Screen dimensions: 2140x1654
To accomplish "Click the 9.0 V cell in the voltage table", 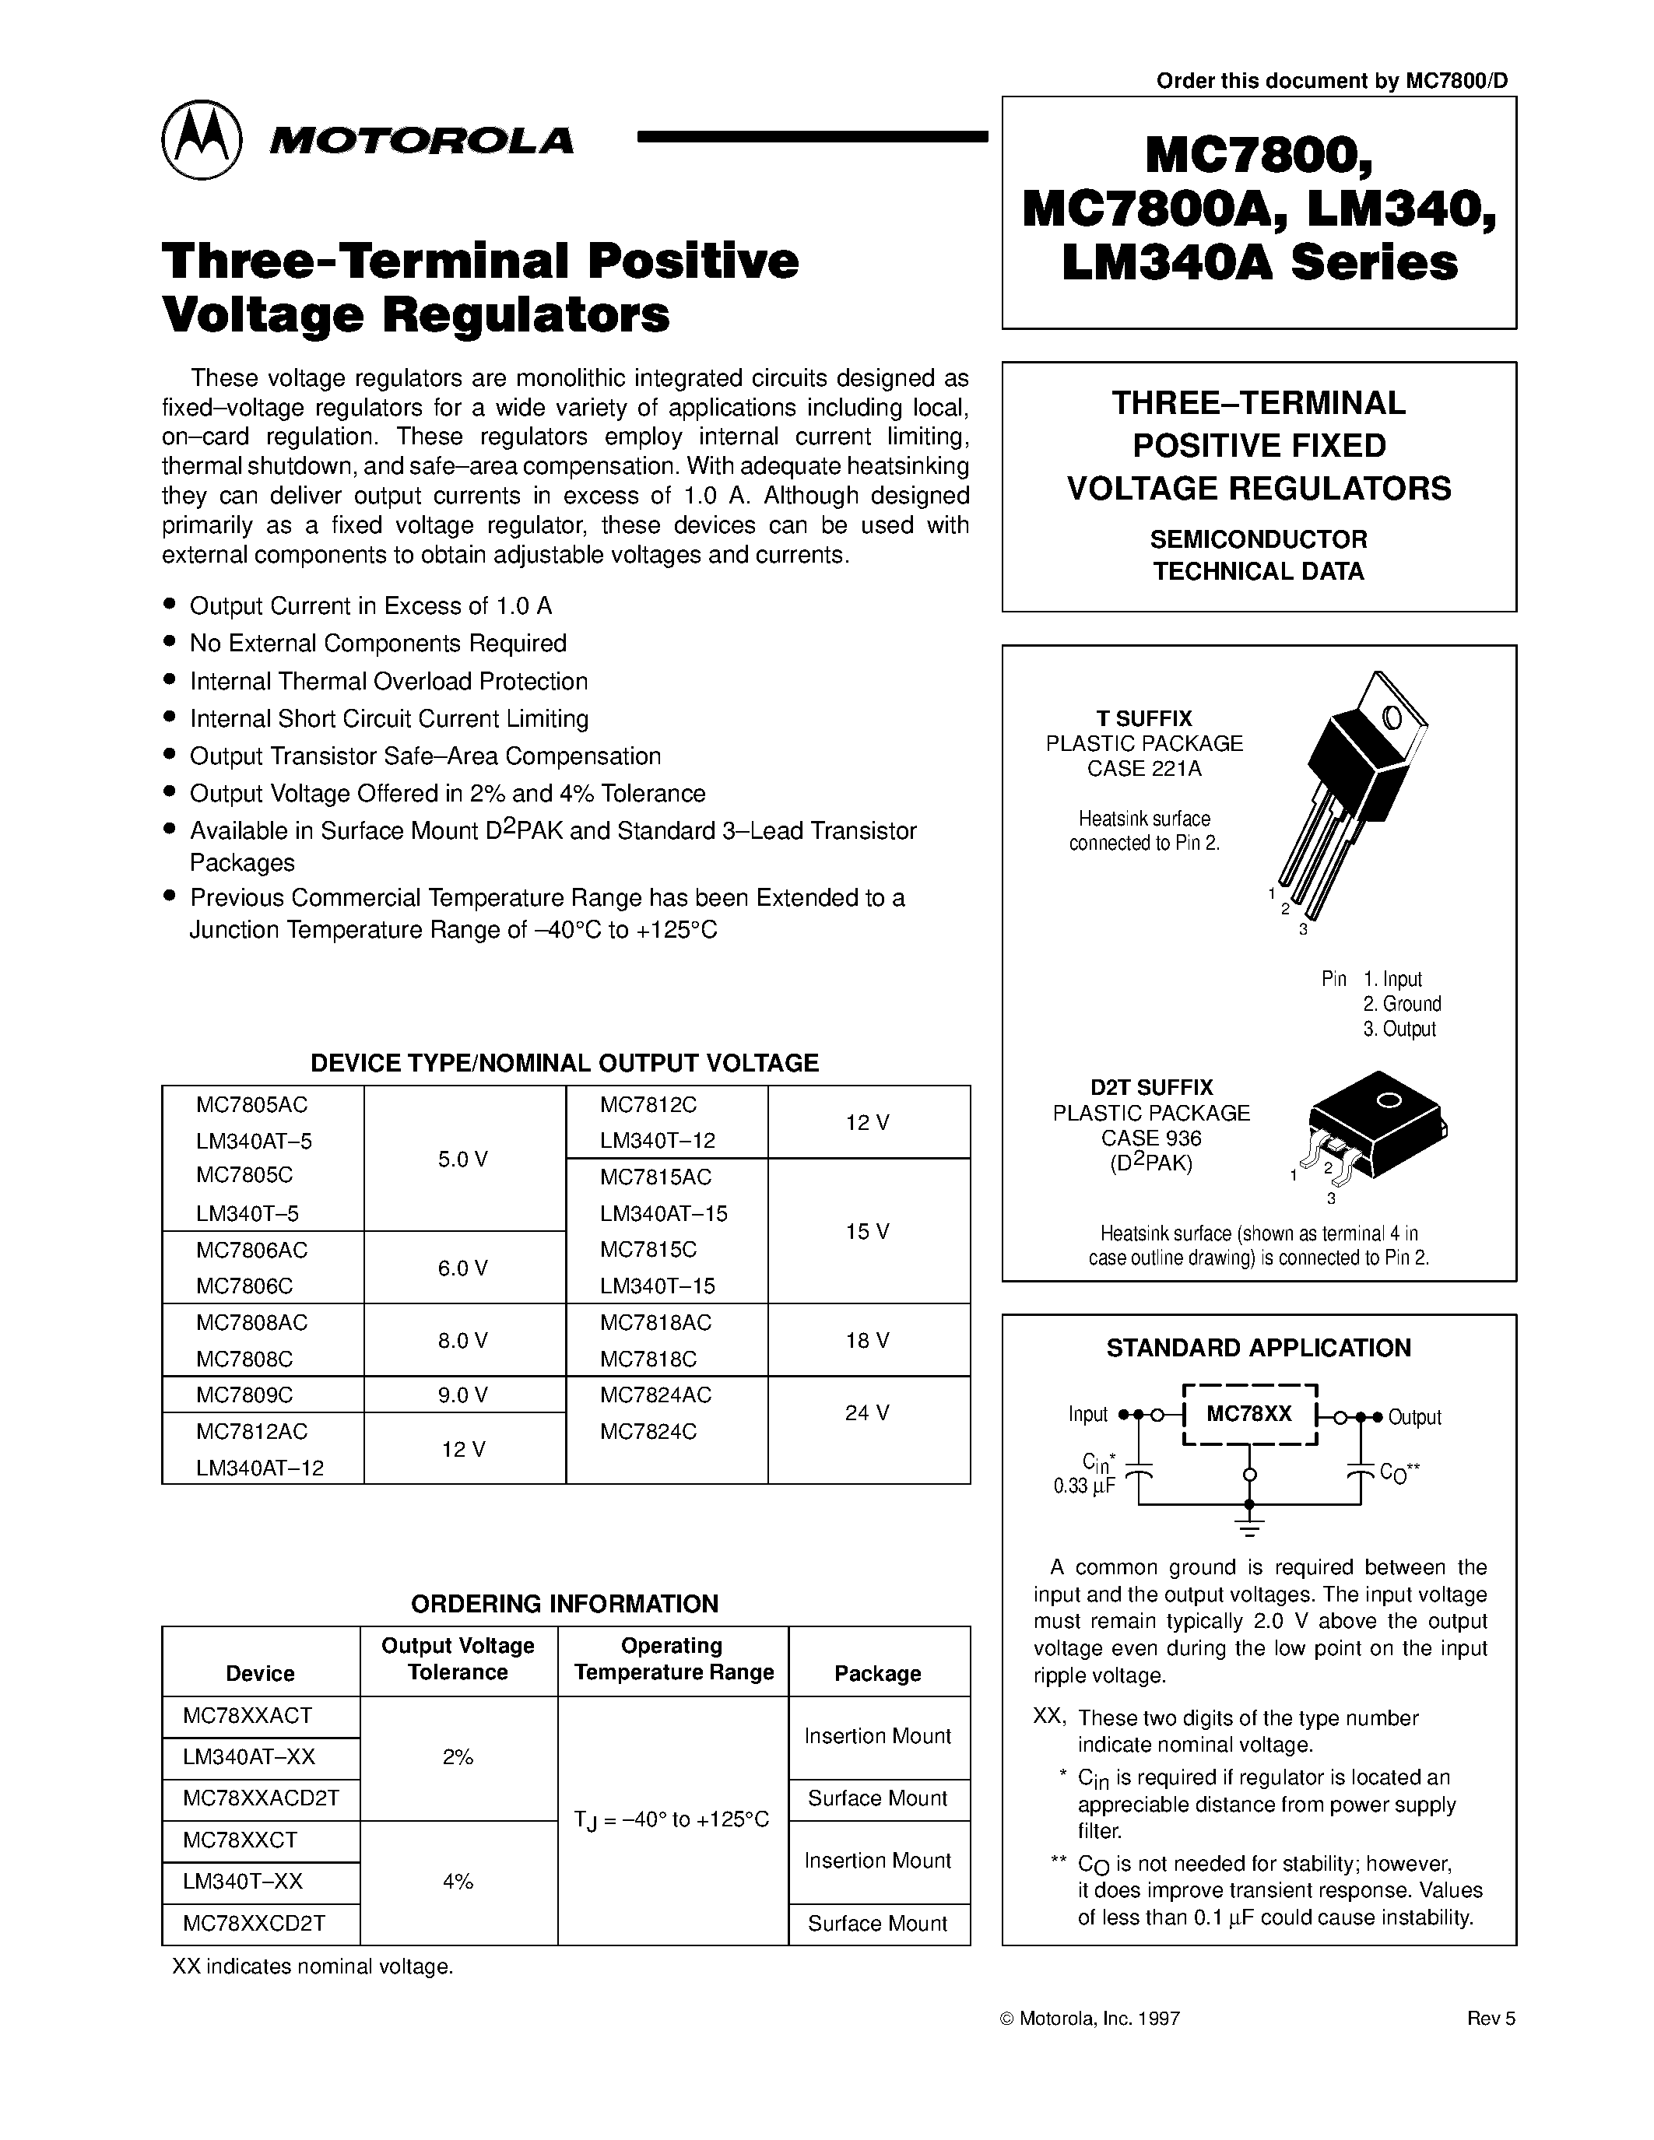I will coord(462,1395).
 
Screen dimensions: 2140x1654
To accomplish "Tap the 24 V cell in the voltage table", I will coord(867,1412).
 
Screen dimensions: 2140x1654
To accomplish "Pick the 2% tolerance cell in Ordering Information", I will coord(458,1758).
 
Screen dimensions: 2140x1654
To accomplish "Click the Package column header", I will coord(877,1674).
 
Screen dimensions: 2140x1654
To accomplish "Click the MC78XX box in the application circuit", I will coord(1249,1414).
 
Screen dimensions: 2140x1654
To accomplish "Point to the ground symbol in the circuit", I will coord(1248,1527).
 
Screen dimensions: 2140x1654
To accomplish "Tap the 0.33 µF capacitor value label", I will coord(1083,1486).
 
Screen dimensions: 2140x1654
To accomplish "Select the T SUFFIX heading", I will coord(1143,718).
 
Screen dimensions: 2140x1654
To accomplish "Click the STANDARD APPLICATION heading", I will coord(1258,1349).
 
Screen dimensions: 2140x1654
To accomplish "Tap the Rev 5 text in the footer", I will coord(1491,2019).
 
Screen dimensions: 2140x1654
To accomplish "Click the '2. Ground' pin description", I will coord(1401,1003).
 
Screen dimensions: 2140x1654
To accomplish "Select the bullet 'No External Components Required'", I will coord(378,643).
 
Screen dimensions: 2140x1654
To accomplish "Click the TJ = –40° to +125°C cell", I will coord(672,1819).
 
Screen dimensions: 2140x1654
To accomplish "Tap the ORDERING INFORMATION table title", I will coord(564,1604).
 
